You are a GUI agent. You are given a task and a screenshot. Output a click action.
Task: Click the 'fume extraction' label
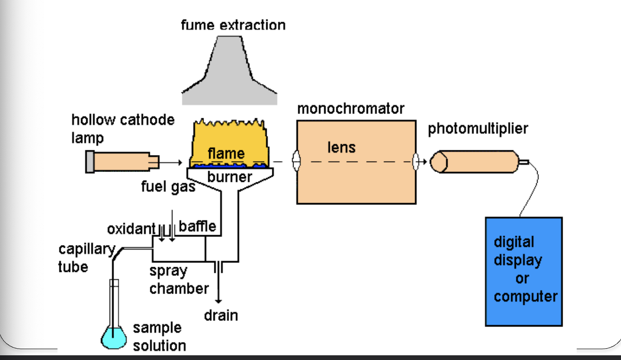[x=233, y=25]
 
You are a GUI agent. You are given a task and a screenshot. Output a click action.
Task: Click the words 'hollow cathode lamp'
[x=123, y=128]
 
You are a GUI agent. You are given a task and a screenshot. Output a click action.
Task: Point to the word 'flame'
[x=226, y=153]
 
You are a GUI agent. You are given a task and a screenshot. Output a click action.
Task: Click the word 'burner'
[x=229, y=177]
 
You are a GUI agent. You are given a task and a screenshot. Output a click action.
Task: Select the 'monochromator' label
[x=351, y=108]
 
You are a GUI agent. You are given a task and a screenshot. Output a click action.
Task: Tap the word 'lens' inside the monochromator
[x=341, y=147]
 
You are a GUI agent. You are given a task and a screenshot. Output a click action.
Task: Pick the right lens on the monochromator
[x=416, y=162]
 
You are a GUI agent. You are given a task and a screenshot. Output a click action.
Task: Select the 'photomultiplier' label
[x=478, y=129]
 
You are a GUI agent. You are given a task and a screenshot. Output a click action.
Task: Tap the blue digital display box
[x=523, y=271]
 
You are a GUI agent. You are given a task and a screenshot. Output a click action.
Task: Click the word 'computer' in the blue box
[x=525, y=296]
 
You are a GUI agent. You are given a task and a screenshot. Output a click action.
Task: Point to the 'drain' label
[x=221, y=315]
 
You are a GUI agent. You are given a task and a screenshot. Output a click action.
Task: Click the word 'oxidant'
[x=131, y=229]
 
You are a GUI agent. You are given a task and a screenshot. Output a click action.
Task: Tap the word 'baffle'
[x=197, y=226]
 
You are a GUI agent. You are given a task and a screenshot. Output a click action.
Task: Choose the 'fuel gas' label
[x=168, y=187]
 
